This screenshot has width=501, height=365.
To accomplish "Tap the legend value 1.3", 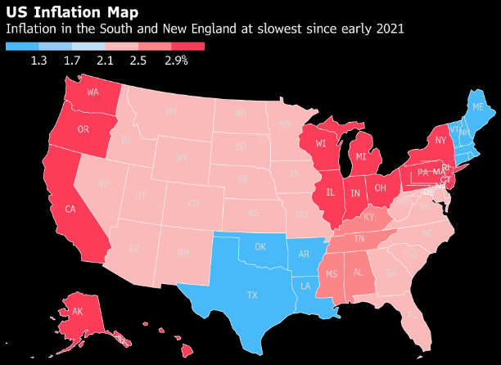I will (38, 60).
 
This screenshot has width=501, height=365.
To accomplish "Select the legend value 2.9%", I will (176, 60).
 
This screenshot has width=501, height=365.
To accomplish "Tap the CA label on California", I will (70, 209).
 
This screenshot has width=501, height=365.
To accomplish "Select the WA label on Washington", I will (93, 91).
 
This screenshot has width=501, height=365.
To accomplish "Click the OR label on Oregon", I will (83, 129).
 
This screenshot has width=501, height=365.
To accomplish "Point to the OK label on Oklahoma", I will (261, 246).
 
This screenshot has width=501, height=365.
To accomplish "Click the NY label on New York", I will (440, 141).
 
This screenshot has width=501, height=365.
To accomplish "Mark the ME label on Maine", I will (477, 106).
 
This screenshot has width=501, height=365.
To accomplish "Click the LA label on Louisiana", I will (305, 286).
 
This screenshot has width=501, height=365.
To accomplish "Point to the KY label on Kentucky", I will (369, 217).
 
